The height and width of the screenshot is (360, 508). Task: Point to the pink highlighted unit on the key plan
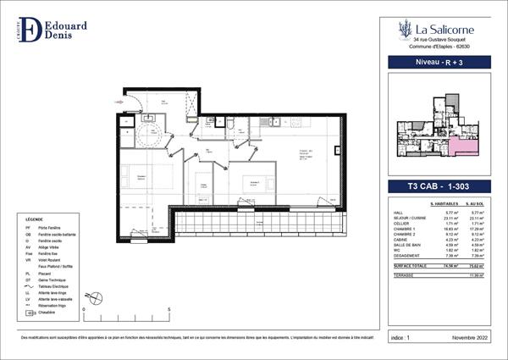[461, 148]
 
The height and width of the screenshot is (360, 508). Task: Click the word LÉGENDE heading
[35, 218]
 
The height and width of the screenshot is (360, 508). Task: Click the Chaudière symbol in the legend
[33, 313]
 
